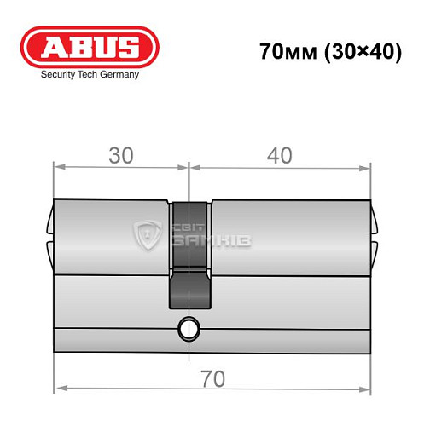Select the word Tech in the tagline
coord(90,75)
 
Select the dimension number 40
coord(279,155)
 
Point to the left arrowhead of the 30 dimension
coord(58,165)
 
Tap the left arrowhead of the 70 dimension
coord(58,390)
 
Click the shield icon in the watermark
coord(151,235)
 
